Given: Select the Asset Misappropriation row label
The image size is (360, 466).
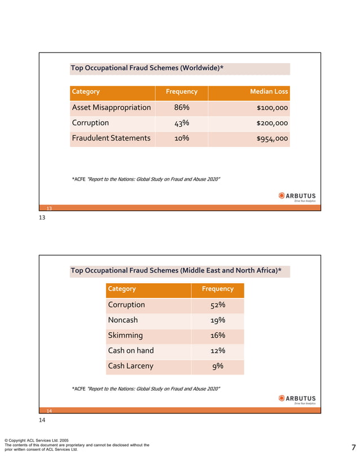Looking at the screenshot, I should coord(111,107).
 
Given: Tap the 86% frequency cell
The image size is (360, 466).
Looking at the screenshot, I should coord(181,107).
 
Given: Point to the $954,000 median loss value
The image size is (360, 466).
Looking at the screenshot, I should coord(272,138).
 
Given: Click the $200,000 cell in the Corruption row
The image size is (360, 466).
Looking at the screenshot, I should coord(272,123).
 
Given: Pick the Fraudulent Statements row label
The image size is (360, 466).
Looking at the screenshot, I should coord(111,138).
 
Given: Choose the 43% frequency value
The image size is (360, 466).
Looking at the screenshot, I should coord(181,123).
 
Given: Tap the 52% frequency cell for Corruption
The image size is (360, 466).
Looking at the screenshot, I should coord(217,305).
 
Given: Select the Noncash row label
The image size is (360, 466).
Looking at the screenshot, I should coord(122,320).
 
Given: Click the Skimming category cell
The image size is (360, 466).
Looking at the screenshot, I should coord(125,335).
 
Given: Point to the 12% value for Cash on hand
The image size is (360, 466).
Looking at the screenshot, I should coord(217,350).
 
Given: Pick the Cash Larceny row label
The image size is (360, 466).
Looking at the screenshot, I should coord(130,366).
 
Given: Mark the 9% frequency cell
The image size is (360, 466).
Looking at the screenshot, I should coord(217,366).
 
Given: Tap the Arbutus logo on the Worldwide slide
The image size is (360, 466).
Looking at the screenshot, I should coord(297,196).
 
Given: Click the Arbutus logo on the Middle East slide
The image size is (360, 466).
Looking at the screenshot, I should coord(297,399).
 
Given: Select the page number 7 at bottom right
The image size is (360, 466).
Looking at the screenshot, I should coord(353,448).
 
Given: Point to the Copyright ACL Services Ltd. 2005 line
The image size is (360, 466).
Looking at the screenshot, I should coord(36,440).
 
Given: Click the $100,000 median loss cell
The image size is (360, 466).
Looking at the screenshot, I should coord(272,108).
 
